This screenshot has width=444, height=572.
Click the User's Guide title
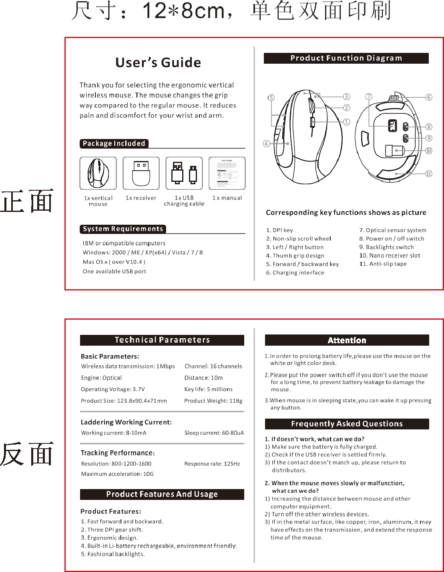pos(158,62)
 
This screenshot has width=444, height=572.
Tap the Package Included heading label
pos(114,143)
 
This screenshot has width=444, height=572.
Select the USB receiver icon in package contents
pos(141,173)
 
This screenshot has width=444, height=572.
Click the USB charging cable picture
pos(184,173)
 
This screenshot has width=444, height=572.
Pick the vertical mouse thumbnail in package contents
pos(98,173)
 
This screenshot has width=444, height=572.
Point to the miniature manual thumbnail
pos(227,173)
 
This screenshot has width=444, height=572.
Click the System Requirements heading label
pos(123,229)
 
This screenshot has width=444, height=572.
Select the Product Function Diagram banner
pos(346,58)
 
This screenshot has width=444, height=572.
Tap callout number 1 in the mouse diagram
pos(347,122)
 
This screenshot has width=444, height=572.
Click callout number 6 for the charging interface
pos(429,97)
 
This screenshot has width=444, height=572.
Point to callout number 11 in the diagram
pos(429,173)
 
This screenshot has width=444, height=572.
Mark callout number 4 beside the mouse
pos(266,143)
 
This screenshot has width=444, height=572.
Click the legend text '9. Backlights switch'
pos(386,247)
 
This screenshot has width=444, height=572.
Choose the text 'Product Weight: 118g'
pos(213,401)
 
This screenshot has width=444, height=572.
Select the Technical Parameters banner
pos(162,340)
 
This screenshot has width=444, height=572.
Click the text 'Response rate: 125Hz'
pos(212,463)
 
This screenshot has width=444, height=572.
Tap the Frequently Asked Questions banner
pos(347,424)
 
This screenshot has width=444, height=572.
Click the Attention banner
pos(347,340)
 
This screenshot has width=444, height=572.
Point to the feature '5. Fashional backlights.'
pos(113,554)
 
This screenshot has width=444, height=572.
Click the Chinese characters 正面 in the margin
pos(27,201)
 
